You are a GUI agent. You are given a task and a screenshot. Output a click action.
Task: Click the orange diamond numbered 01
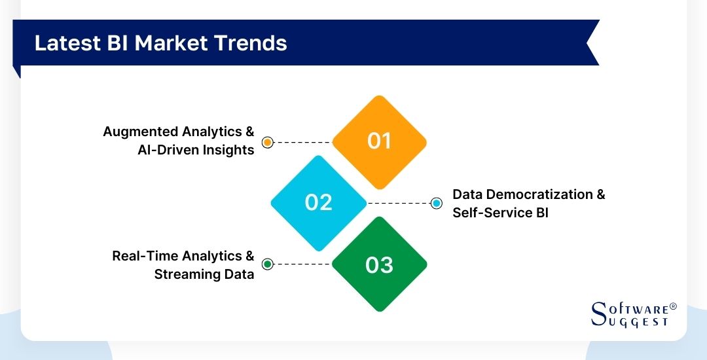pos(379,141)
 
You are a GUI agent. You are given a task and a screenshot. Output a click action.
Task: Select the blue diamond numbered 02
pos(319,203)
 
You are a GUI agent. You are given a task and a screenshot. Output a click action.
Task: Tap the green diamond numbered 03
pos(379,264)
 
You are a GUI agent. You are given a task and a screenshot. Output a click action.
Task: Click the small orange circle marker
pos(267,142)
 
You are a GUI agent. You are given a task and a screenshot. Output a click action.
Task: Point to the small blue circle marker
pos(437,203)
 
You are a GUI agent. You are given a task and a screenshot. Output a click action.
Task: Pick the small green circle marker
pos(267,264)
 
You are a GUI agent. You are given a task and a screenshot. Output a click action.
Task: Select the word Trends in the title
pos(252,43)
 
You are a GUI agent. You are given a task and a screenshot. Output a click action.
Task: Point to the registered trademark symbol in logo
pos(673,306)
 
